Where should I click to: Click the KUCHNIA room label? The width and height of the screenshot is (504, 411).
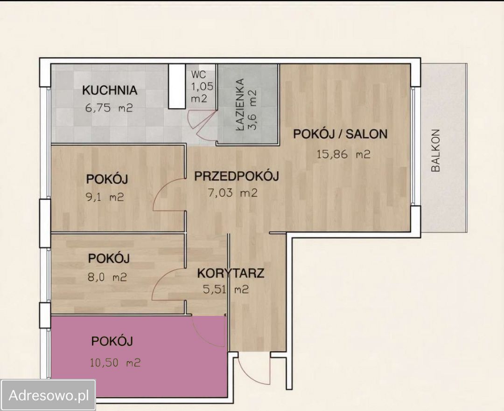pyautogui.click(x=110, y=90)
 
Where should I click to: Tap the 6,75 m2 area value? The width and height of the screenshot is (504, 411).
pyautogui.click(x=109, y=108)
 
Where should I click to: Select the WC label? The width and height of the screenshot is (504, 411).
pyautogui.click(x=199, y=74)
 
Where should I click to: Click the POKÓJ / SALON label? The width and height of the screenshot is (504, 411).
pyautogui.click(x=340, y=133)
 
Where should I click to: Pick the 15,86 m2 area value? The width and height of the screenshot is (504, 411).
pyautogui.click(x=343, y=154)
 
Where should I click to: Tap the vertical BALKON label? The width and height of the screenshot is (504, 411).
pyautogui.click(x=435, y=151)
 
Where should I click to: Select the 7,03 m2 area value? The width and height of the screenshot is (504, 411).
pyautogui.click(x=232, y=193)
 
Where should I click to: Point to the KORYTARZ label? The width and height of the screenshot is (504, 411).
pyautogui.click(x=231, y=273)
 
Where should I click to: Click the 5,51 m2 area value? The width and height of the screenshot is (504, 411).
pyautogui.click(x=226, y=290)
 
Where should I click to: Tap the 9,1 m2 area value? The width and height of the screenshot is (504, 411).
pyautogui.click(x=105, y=197)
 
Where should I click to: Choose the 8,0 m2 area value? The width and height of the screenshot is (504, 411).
pyautogui.click(x=107, y=277)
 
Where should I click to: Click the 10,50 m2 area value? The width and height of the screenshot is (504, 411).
pyautogui.click(x=115, y=363)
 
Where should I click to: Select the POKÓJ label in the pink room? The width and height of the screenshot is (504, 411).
pyautogui.click(x=112, y=341)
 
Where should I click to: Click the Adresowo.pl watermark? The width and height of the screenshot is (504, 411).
pyautogui.click(x=49, y=396)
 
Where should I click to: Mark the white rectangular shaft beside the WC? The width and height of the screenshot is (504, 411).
pyautogui.click(x=177, y=86)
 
